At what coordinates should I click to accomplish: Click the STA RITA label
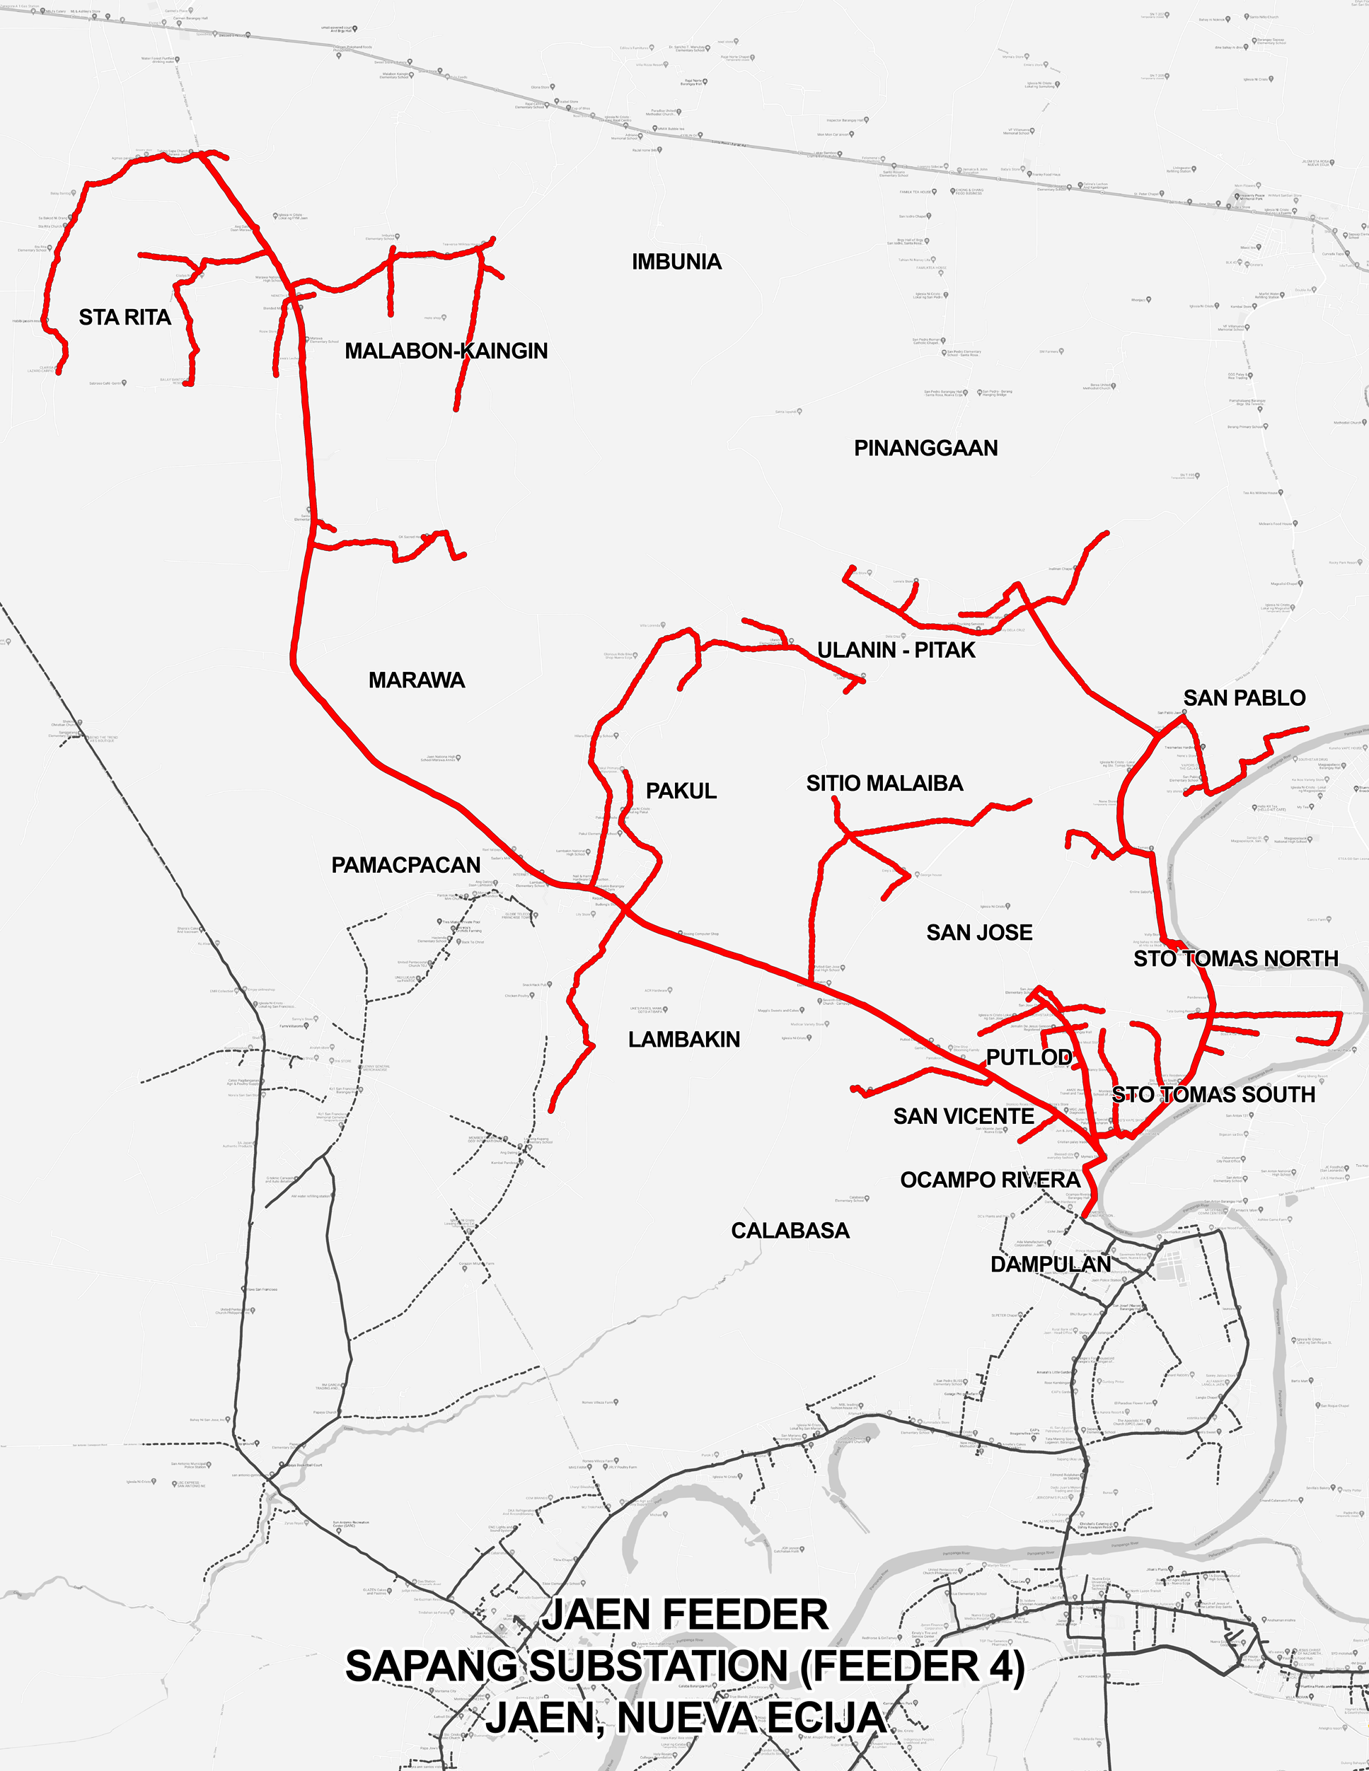125,317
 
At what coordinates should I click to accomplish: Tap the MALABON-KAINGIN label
446,351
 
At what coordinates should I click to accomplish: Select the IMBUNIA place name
676,262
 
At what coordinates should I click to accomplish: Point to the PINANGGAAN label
925,448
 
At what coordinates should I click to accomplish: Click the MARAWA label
416,680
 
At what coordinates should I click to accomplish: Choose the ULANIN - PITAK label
896,651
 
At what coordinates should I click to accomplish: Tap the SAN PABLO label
1244,698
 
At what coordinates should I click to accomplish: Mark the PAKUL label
681,791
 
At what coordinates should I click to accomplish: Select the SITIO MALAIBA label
884,784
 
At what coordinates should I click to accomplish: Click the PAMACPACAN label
405,865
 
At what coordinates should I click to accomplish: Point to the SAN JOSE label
979,932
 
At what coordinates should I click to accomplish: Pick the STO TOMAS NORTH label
1235,958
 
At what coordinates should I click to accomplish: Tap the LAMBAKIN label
683,1040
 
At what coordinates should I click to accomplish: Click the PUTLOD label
1029,1057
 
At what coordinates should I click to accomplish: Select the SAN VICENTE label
964,1117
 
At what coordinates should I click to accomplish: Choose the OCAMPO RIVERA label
990,1180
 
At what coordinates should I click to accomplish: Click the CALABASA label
790,1231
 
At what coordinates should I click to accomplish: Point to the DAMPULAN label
1050,1264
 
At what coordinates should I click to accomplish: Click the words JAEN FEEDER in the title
686,1615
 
